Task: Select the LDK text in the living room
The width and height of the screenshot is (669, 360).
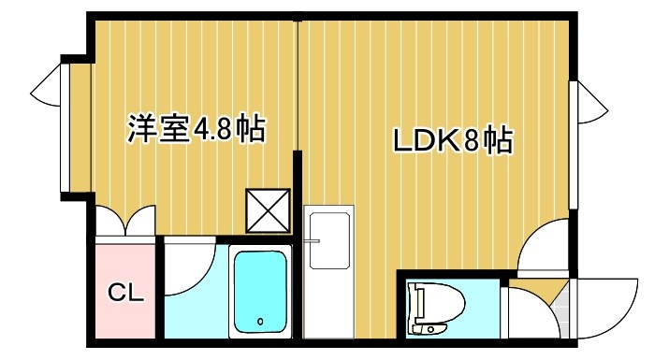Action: coord(424,142)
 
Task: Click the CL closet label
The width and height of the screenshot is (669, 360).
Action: coord(125,293)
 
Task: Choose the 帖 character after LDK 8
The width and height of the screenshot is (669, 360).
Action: coord(499,142)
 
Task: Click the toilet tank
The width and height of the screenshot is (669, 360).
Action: coord(417,310)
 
